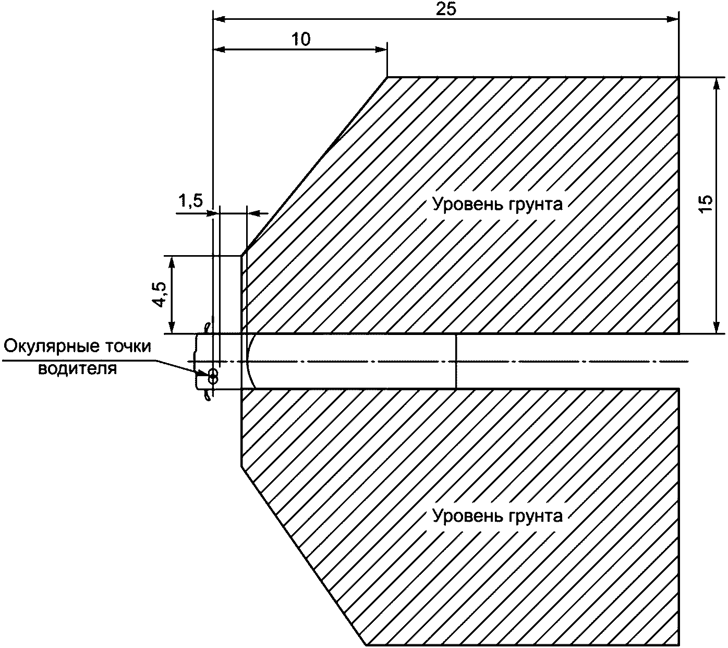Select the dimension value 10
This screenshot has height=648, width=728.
point(301,39)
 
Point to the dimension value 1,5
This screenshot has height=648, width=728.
point(191,202)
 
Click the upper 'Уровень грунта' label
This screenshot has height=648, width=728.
point(498,204)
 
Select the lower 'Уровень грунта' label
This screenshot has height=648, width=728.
point(498,516)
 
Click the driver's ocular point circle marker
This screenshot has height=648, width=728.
point(212,375)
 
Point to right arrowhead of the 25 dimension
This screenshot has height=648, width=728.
point(673,19)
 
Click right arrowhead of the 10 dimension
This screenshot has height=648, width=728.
point(382,50)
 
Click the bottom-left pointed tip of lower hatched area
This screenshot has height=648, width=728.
point(365,644)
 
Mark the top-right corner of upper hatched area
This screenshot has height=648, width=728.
point(678,78)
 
